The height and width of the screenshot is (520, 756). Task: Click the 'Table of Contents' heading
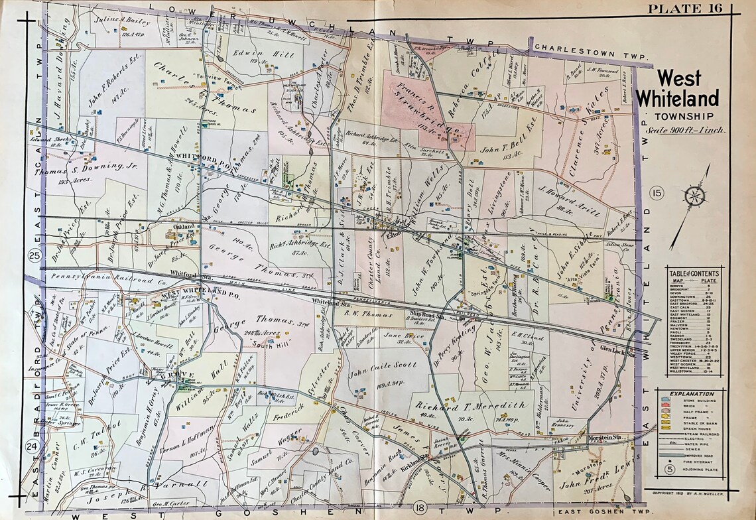[694, 273]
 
